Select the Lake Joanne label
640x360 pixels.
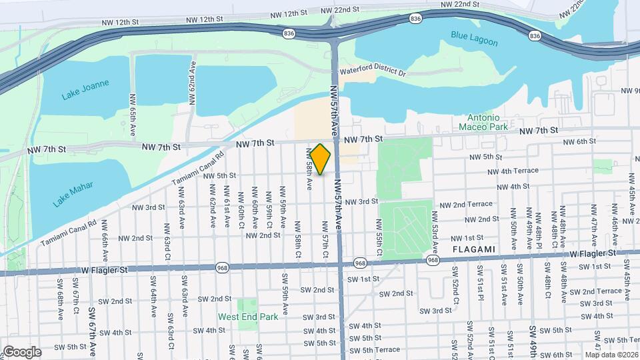tap(85, 90)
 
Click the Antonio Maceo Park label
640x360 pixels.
tap(484, 121)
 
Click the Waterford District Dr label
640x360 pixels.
tap(373, 71)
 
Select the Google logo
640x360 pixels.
tap(21, 352)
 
